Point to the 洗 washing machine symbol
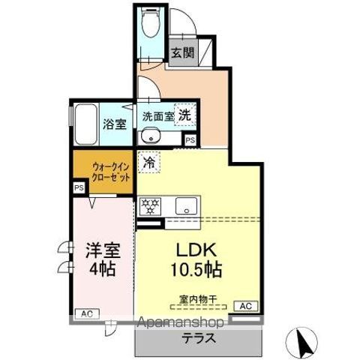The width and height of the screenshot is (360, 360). pos(184,115)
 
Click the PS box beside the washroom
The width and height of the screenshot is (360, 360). pos(190,140)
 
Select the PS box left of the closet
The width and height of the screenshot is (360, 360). pos(78,188)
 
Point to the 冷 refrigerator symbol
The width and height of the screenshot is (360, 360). pos(149,162)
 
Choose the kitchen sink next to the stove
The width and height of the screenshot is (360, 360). pos(184,204)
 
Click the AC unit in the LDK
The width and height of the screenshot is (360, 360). pos(244,306)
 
